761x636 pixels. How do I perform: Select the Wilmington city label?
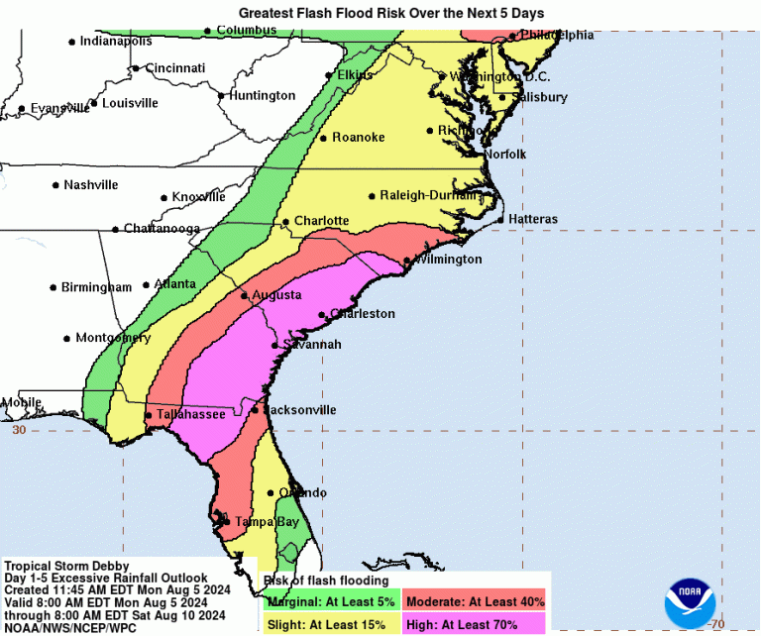tap(448, 260)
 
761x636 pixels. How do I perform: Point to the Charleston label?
tap(363, 314)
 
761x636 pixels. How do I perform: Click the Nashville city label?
tap(91, 185)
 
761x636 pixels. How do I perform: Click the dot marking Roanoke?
tap(322, 138)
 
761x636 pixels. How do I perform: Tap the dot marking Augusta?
tap(245, 295)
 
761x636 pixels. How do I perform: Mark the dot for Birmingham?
tap(54, 287)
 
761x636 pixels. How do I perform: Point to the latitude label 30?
tap(18, 431)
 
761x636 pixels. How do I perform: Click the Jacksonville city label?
tap(299, 409)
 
